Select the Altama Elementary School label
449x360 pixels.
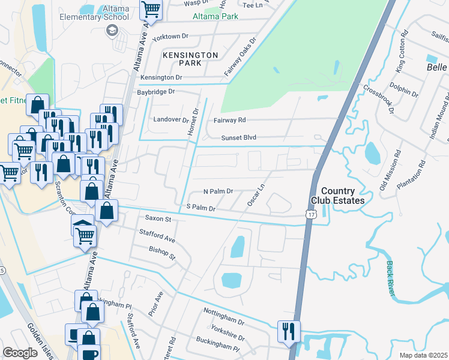94,13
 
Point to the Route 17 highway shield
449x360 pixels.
310,214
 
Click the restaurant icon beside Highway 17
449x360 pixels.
289,331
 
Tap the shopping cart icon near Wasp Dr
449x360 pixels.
151,10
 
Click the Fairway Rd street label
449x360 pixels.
230,120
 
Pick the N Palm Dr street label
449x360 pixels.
218,191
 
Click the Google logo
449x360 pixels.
20,352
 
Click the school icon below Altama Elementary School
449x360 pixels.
111,30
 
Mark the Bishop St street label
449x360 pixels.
162,253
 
